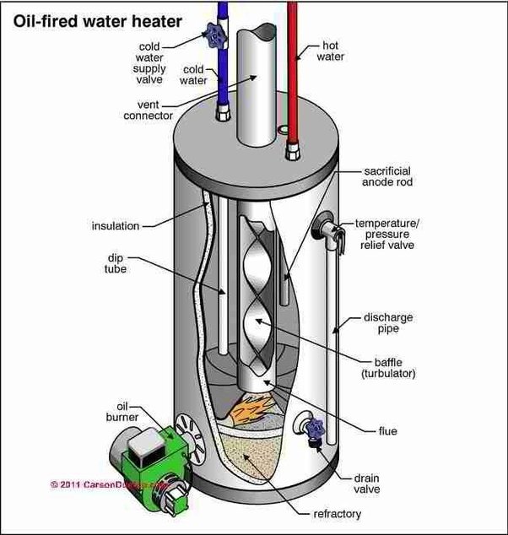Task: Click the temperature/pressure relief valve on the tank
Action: (327, 229)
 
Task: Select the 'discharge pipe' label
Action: (391, 324)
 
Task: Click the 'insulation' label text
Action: (115, 225)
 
